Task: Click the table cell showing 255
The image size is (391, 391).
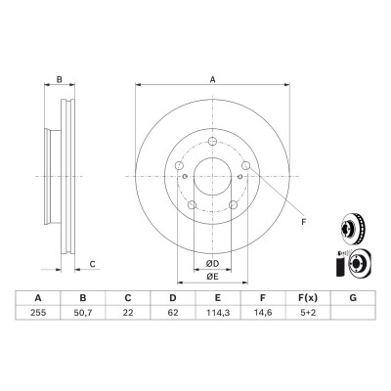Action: [x=38, y=313]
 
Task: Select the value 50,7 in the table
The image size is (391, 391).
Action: [x=83, y=313]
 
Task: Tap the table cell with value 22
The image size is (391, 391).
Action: [x=128, y=313]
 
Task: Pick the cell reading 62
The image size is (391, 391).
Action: [x=173, y=313]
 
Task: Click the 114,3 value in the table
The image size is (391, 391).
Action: [x=218, y=313]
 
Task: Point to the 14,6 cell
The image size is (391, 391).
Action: [x=263, y=313]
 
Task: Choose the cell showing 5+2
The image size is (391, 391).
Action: [x=308, y=313]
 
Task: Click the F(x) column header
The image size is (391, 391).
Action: [x=308, y=298]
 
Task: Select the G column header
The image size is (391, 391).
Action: [x=353, y=298]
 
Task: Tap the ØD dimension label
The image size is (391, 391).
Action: [x=212, y=264]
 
